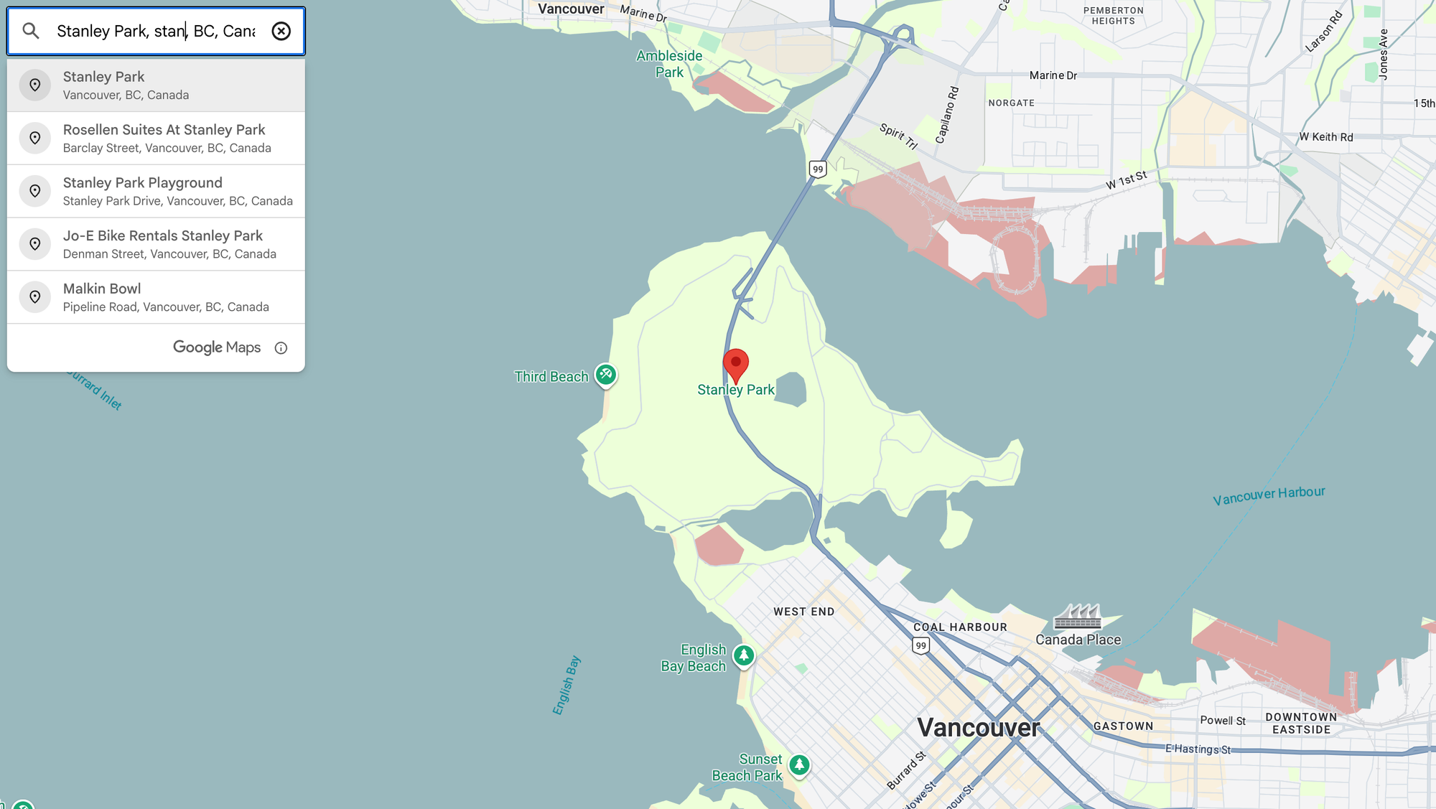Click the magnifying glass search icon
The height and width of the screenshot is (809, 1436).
[x=31, y=31]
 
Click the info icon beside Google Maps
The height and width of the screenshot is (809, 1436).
[x=281, y=348]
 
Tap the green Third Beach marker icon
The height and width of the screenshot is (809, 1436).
[x=606, y=374]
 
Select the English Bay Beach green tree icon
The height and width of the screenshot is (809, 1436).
[x=744, y=655]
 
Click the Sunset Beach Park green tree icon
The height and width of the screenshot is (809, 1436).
[x=799, y=765]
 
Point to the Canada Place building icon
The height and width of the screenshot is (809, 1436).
[x=1077, y=616]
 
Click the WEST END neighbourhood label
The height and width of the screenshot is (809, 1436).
[x=803, y=612]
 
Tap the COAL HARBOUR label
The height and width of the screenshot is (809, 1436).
[x=960, y=627]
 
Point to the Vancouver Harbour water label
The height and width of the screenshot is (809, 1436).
[x=1269, y=495]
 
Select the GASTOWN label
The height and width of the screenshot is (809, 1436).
[x=1123, y=726]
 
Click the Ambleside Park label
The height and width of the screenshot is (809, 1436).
[x=669, y=64]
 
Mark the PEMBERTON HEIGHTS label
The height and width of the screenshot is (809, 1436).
[x=1113, y=16]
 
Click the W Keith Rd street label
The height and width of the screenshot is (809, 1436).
[x=1325, y=137]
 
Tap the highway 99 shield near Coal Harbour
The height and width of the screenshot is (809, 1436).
[x=921, y=645]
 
